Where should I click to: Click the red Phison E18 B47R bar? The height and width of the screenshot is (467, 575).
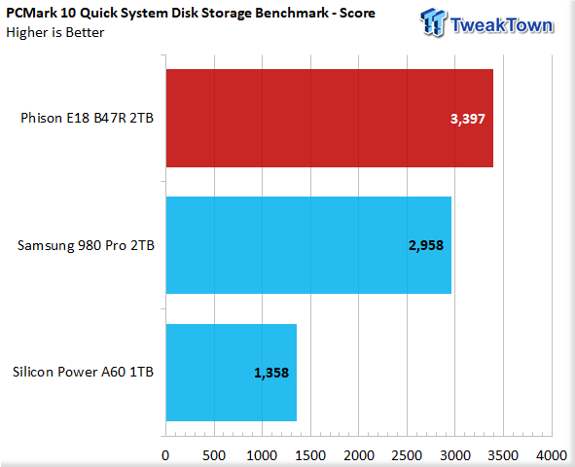[329, 118]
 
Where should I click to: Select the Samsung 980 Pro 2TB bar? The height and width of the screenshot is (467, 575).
[308, 245]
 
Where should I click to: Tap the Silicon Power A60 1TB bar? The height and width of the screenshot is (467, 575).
[231, 373]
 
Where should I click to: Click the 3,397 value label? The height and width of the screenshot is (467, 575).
[468, 119]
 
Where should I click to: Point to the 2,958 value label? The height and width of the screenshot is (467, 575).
[426, 245]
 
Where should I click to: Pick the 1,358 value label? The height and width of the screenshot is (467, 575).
[271, 373]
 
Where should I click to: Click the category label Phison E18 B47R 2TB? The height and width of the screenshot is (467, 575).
[87, 118]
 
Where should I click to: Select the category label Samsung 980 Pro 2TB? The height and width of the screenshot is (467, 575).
[86, 245]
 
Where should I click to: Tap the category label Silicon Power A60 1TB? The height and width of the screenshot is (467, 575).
[83, 372]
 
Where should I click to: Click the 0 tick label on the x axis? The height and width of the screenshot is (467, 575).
[165, 455]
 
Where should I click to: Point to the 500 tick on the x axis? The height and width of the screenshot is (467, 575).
[214, 455]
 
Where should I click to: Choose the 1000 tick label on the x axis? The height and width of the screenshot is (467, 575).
[262, 455]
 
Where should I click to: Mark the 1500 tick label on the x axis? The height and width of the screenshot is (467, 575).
[310, 455]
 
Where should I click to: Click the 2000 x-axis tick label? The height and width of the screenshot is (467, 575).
[359, 455]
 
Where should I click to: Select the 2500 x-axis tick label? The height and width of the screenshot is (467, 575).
[407, 455]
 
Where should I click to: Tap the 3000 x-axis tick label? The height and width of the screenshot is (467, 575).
[455, 455]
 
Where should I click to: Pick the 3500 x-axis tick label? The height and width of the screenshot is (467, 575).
[503, 455]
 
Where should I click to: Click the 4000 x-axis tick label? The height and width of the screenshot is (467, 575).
[552, 455]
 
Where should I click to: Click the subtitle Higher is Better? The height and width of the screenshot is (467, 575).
[55, 33]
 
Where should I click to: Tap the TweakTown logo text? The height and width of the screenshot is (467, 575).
[502, 25]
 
